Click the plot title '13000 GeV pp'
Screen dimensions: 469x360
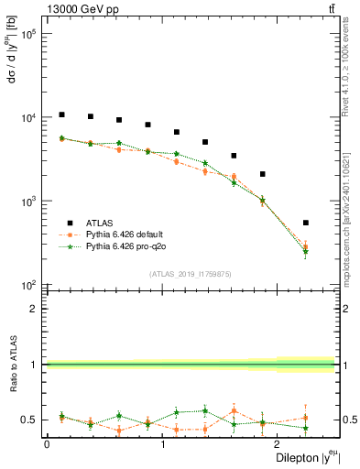[x=78, y=8]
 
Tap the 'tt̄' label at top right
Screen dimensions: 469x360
[x=330, y=8]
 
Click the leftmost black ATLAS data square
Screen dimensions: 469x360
[x=61, y=115]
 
